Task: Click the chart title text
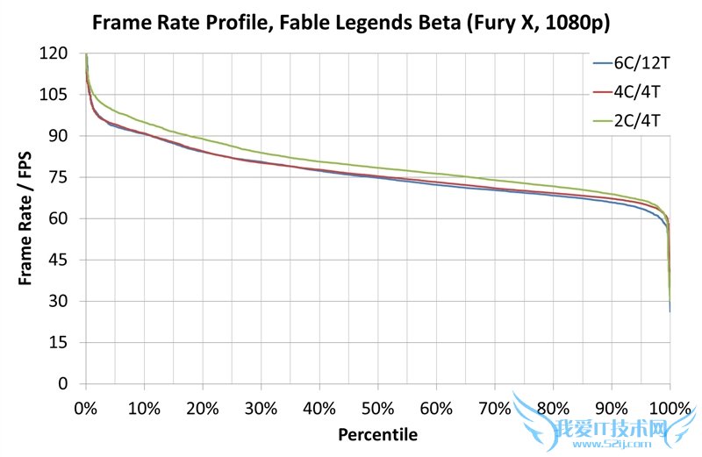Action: point(351,18)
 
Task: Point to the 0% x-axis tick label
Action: point(85,409)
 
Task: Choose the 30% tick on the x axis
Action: point(261,409)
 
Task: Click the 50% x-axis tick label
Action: point(377,409)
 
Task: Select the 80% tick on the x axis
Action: point(553,409)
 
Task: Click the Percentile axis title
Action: point(377,434)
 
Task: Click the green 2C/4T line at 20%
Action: point(202,139)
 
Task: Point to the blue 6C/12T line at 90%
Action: point(612,203)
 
